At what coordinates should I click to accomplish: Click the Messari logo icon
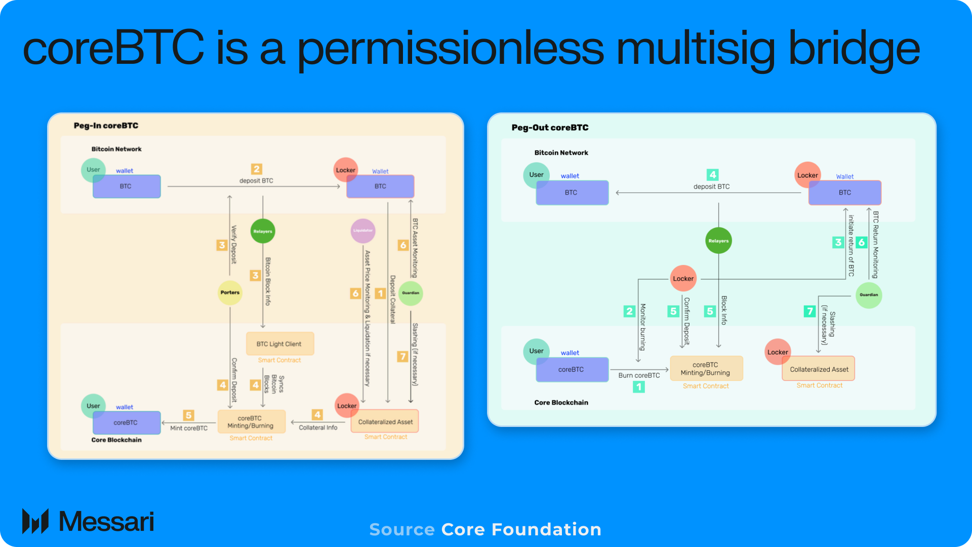[x=35, y=521]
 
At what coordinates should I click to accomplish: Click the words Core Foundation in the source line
[x=521, y=529]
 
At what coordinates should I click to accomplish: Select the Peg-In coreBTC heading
[x=106, y=126]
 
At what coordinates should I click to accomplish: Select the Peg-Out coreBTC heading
[x=550, y=128]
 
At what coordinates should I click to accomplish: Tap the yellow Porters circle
[x=230, y=292]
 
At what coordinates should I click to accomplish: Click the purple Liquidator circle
[x=363, y=231]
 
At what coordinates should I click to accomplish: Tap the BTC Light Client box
[x=279, y=344]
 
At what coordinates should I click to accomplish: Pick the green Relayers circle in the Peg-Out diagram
[x=718, y=241]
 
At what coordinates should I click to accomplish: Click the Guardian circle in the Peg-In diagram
[x=411, y=293]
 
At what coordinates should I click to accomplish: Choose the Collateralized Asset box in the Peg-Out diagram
[x=819, y=369]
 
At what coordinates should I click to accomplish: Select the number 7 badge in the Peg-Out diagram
[x=809, y=311]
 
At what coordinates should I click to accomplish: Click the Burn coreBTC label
[x=639, y=375]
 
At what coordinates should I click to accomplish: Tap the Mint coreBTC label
[x=189, y=428]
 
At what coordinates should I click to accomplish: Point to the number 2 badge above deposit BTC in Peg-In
[x=257, y=169]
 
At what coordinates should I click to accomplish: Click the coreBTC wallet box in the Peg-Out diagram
[x=572, y=370]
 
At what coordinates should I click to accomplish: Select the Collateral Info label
[x=318, y=427]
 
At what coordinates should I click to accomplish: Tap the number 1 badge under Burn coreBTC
[x=639, y=387]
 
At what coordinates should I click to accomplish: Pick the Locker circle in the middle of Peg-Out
[x=683, y=279]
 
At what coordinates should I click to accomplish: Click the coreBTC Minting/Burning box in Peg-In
[x=251, y=422]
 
